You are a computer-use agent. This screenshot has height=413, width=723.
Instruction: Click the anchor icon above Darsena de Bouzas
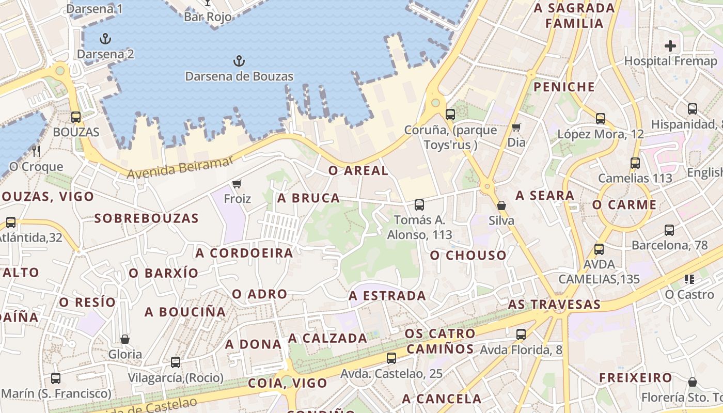tap(239, 62)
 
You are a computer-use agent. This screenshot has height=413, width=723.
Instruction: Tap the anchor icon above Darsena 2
tap(105, 39)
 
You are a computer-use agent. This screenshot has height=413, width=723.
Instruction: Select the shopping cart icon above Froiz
tap(237, 184)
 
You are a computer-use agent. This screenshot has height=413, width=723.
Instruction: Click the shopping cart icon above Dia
tap(516, 127)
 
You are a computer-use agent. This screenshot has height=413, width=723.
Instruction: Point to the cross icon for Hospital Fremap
tap(670, 45)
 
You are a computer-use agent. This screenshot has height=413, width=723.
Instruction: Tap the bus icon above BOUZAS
tap(76, 117)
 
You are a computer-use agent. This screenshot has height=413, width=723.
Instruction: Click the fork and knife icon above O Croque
tap(36, 151)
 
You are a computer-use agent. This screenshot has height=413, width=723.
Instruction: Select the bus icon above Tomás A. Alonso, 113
tap(419, 205)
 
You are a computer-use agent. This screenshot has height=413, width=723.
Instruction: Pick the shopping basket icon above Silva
tap(501, 205)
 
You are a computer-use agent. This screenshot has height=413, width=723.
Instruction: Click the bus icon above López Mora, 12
tap(601, 119)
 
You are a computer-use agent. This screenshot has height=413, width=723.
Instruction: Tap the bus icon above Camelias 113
tap(635, 163)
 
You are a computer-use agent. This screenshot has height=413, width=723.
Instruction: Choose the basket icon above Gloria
tap(125, 339)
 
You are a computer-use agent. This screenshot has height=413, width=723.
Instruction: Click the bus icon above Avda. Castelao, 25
tap(391, 358)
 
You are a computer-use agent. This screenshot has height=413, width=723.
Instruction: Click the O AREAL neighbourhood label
tap(358, 171)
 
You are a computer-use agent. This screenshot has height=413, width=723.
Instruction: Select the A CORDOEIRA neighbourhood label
tap(244, 253)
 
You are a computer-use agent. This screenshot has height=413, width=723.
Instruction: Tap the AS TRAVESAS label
tap(554, 304)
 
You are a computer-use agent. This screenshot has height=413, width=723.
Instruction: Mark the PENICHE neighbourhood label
tap(564, 87)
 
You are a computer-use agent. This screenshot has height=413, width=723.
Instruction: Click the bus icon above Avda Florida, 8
tap(521, 335)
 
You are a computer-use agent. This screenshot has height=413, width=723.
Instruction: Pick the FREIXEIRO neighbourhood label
tap(635, 378)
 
